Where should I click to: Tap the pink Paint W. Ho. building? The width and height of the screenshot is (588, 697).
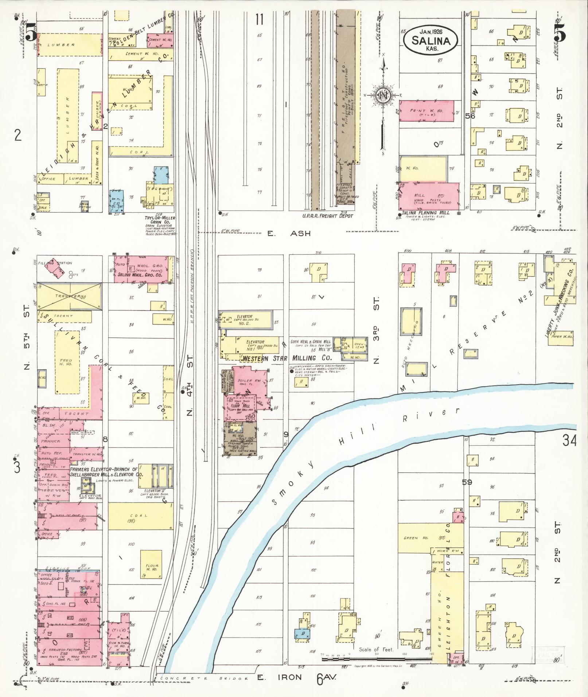pyautogui.click(x=427, y=111)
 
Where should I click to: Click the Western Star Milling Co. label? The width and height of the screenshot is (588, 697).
pyautogui.click(x=286, y=359)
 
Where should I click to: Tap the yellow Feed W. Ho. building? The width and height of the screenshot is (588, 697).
pyautogui.click(x=67, y=362)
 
